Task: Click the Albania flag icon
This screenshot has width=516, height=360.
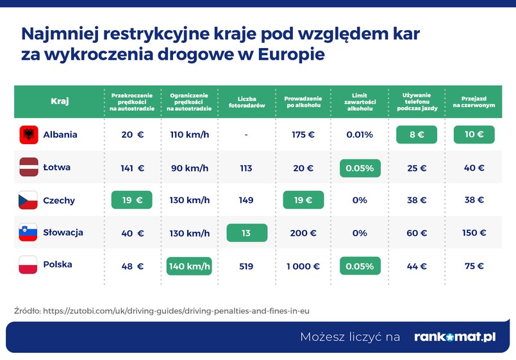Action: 28,135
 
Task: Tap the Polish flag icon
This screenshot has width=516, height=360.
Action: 28,265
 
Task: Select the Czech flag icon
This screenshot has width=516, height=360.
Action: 28,200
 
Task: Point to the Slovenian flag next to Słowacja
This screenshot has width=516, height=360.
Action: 28,233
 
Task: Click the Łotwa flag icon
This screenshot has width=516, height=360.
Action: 28,167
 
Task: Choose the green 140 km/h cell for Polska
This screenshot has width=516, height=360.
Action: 189,266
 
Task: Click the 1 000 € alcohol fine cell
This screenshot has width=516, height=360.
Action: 302,266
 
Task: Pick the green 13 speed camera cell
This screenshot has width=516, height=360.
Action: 246,233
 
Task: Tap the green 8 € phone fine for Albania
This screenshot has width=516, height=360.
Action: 416,135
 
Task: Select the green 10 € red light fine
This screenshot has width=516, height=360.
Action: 474,135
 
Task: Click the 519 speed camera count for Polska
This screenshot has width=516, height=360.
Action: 246,266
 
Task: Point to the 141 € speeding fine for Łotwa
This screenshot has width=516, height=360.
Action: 133,168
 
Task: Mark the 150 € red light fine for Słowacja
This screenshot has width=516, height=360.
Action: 474,233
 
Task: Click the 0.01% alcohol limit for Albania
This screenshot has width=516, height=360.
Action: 360,135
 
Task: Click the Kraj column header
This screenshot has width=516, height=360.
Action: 60,101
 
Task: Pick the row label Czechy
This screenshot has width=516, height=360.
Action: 59,200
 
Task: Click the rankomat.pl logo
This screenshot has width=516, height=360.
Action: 454,336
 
